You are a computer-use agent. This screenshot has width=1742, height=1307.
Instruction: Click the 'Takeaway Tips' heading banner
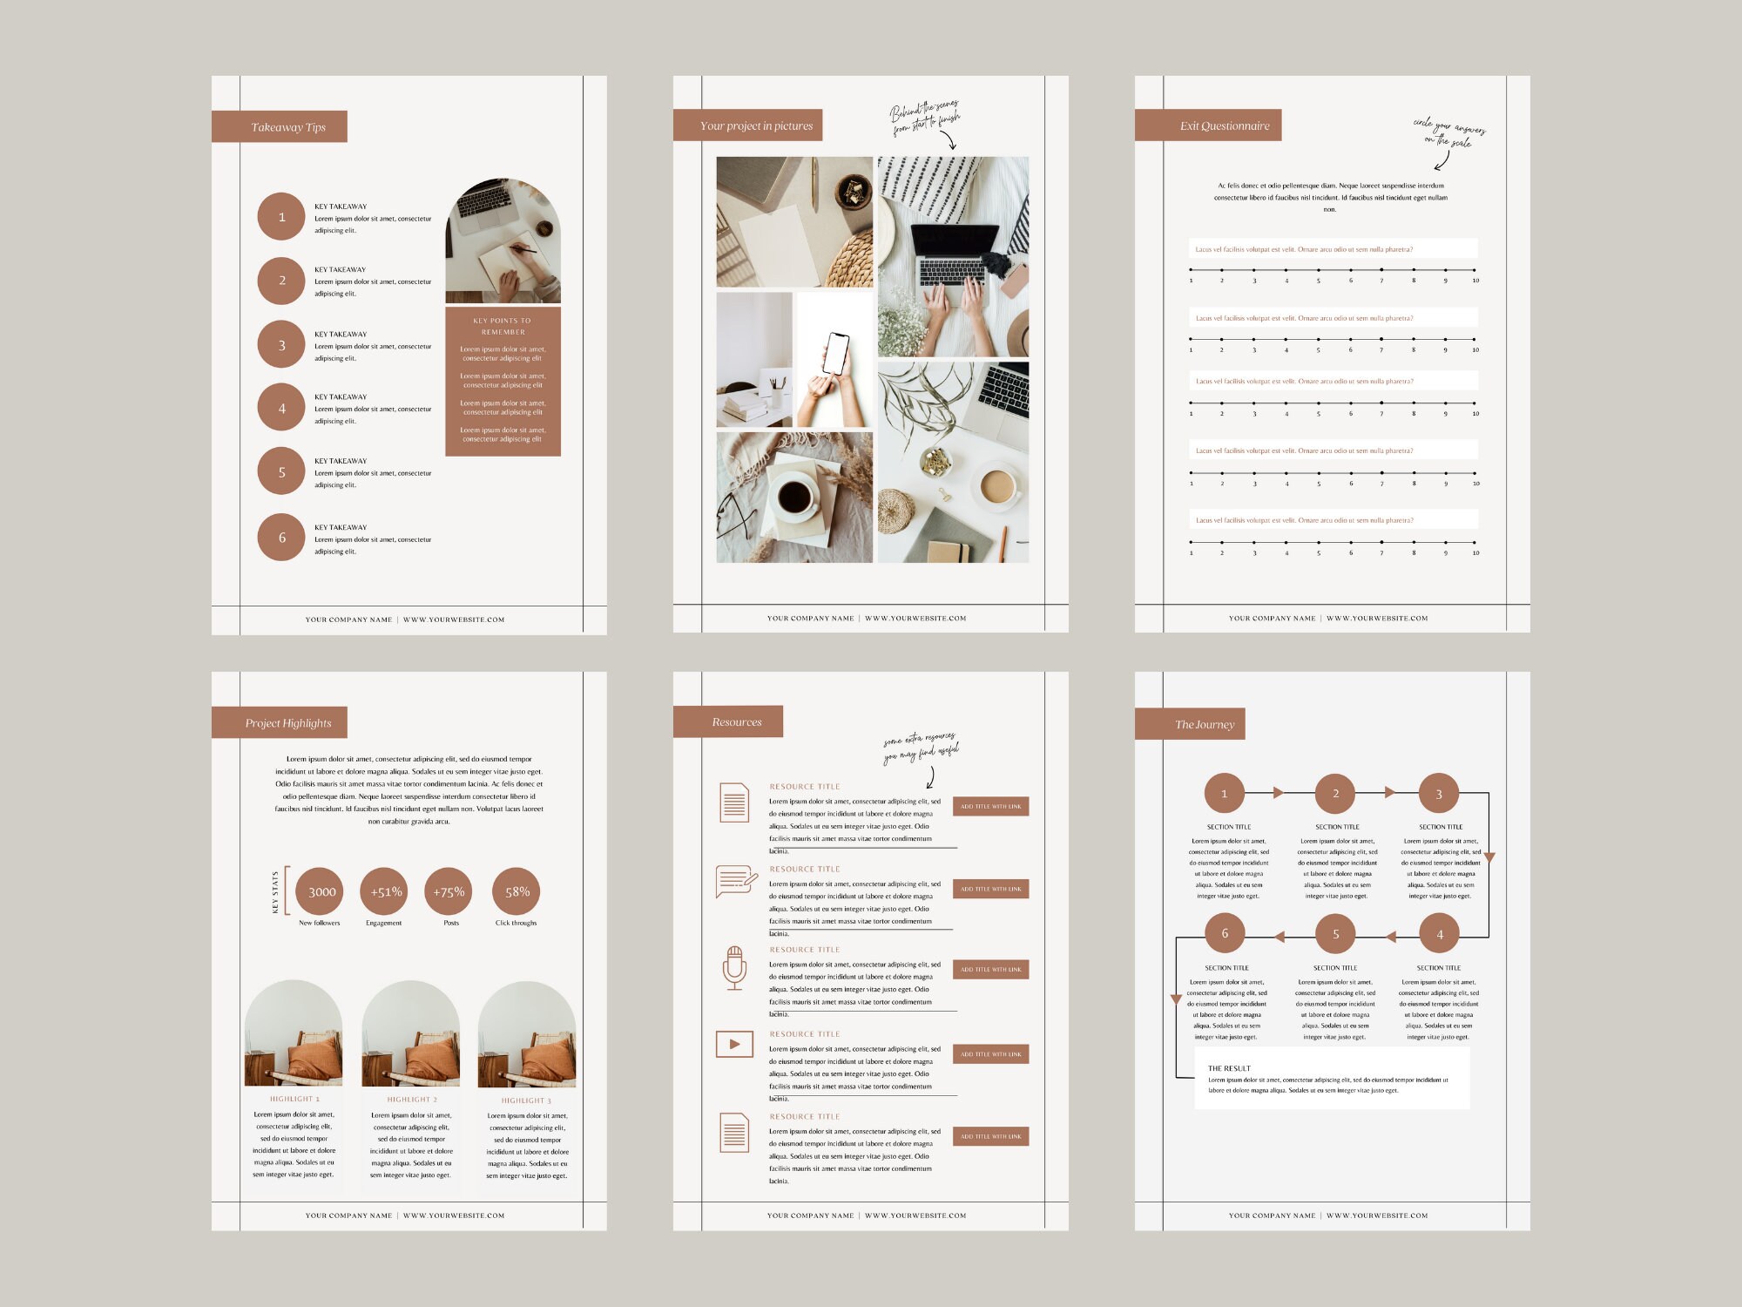point(280,126)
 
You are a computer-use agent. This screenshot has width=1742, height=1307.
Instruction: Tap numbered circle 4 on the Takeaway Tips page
point(281,408)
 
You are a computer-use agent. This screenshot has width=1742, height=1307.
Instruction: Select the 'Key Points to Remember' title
point(503,326)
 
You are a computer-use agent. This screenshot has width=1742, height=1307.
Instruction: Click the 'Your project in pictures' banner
point(748,125)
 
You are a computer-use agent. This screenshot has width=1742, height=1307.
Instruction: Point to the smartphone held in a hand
point(835,354)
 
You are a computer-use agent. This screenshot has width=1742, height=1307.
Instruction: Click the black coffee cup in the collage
point(794,497)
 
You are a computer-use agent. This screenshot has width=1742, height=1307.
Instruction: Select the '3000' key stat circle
point(321,891)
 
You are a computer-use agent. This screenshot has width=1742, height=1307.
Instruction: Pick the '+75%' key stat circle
point(449,891)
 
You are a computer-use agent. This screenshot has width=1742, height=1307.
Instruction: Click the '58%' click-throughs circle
point(517,891)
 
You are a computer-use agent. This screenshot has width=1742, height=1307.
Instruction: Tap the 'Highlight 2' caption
point(412,1100)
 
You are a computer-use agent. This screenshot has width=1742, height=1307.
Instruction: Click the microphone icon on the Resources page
point(734,967)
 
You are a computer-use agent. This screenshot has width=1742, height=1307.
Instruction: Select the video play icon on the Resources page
point(734,1044)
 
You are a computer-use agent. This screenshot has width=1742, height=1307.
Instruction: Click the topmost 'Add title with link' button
point(990,806)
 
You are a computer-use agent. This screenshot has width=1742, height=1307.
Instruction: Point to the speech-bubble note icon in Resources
point(735,881)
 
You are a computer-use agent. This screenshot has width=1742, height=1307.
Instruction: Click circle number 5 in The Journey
point(1335,934)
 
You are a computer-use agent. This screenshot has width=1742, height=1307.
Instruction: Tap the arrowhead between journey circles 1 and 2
point(1279,793)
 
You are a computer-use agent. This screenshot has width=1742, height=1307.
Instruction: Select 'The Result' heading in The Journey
point(1229,1068)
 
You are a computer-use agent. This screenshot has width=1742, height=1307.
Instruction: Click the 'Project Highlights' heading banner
point(280,722)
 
